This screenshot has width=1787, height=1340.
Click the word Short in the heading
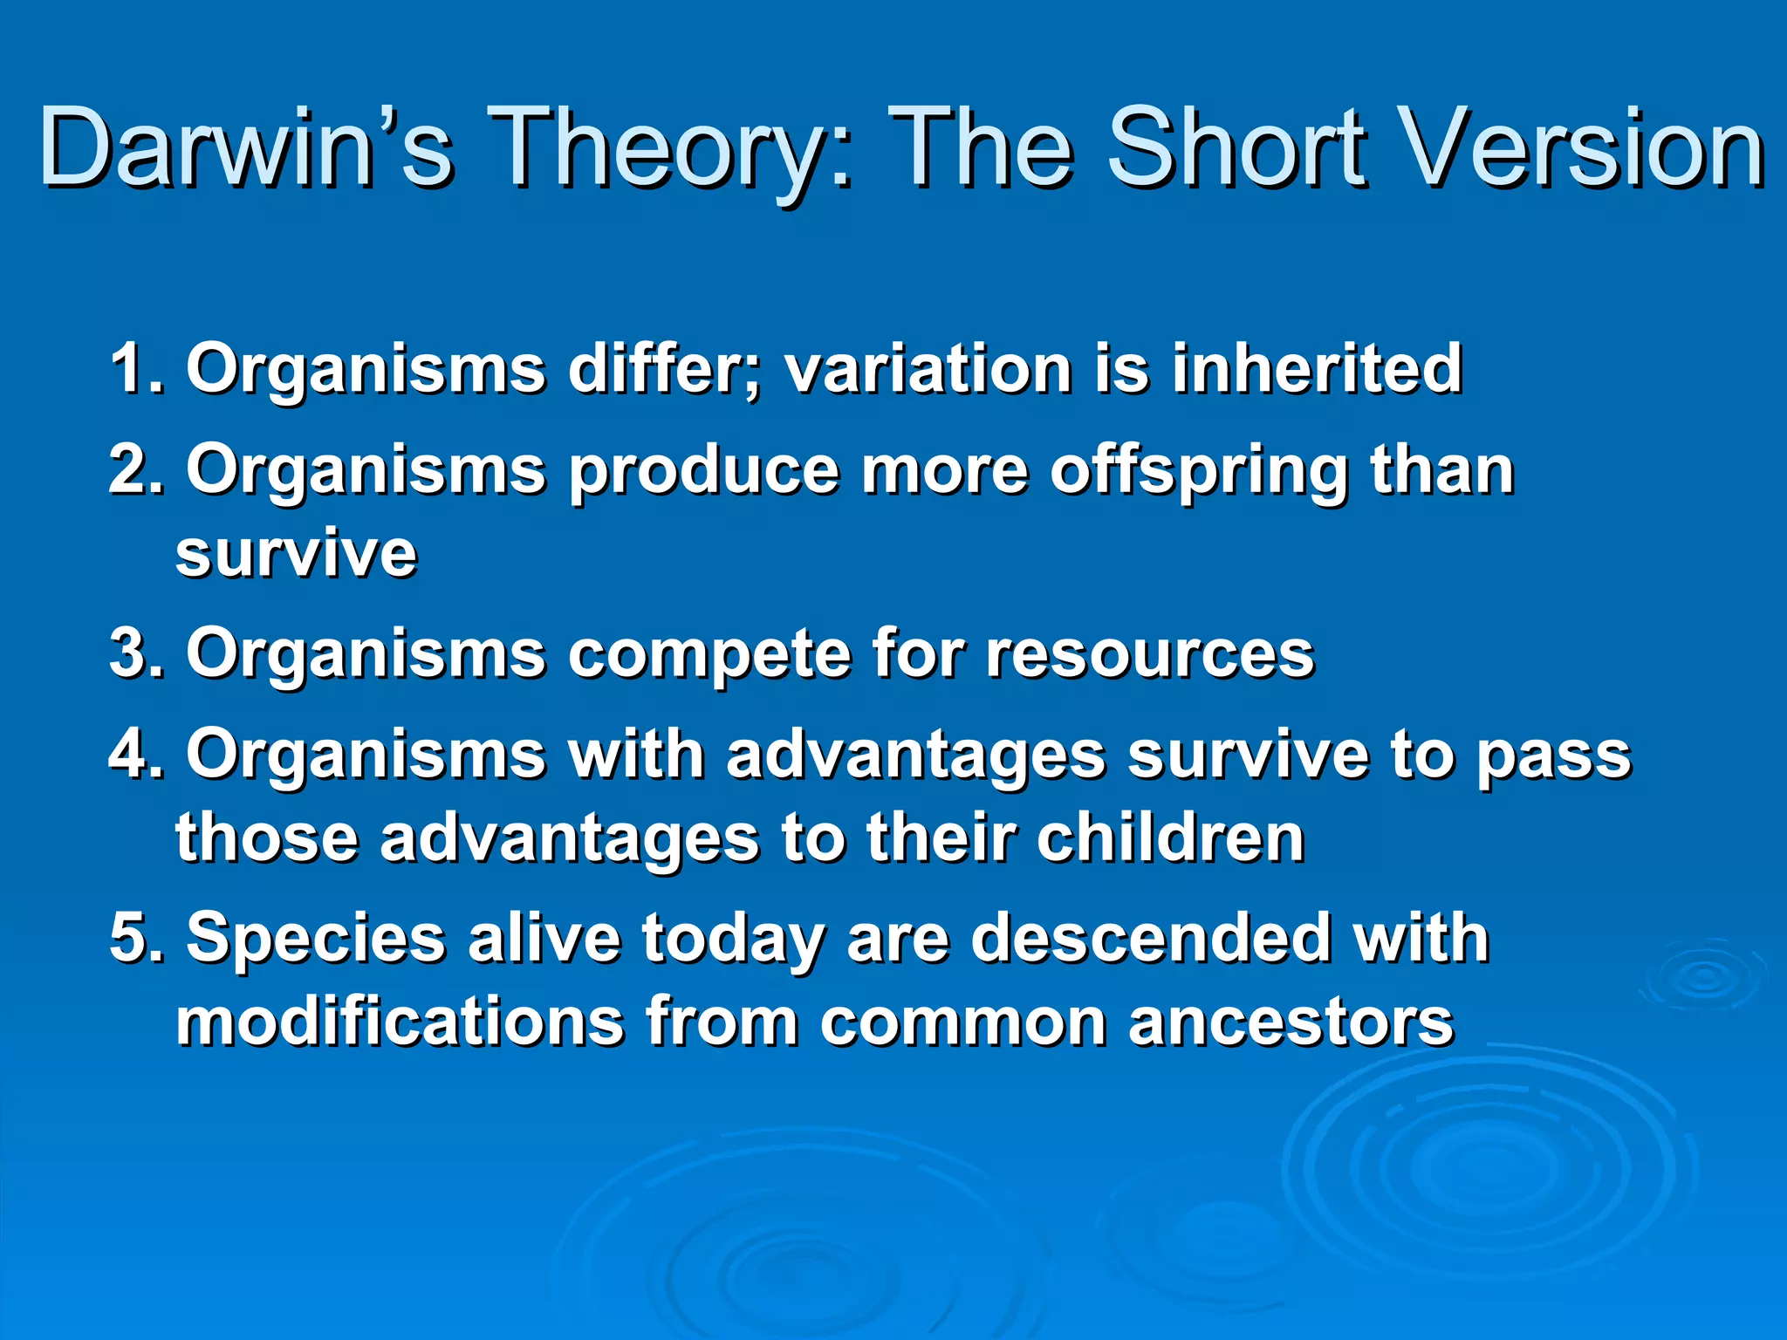[1249, 148]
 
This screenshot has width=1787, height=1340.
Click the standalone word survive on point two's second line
[297, 553]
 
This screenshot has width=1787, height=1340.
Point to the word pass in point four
[1552, 755]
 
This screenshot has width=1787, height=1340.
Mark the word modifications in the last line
[400, 1022]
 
